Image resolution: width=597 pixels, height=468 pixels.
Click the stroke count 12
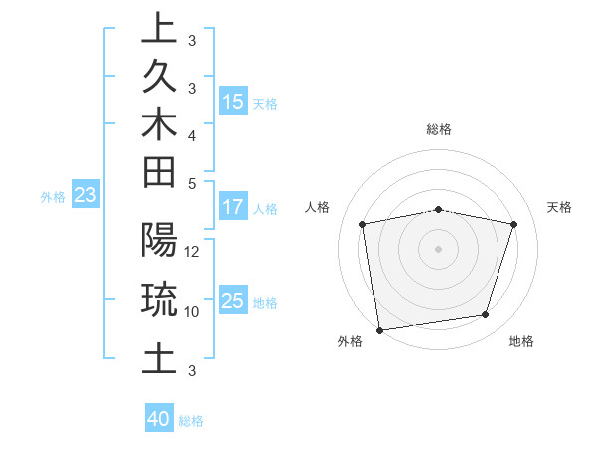193,252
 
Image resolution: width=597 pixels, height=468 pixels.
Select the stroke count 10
193,311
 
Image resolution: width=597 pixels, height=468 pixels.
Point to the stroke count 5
192,183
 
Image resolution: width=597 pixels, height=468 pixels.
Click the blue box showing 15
233,101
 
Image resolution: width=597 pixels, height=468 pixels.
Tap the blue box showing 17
232,207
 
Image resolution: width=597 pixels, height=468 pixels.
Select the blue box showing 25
233,300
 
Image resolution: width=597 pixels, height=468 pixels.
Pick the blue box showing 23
85,195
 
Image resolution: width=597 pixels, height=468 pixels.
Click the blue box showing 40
158,419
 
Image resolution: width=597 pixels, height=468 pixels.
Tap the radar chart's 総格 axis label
439,129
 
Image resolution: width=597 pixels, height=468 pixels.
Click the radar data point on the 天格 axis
514,224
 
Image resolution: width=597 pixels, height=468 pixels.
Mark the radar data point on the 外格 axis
379,329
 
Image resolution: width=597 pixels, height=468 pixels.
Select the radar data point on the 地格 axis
486,315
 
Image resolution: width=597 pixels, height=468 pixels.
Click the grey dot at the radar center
439,248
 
